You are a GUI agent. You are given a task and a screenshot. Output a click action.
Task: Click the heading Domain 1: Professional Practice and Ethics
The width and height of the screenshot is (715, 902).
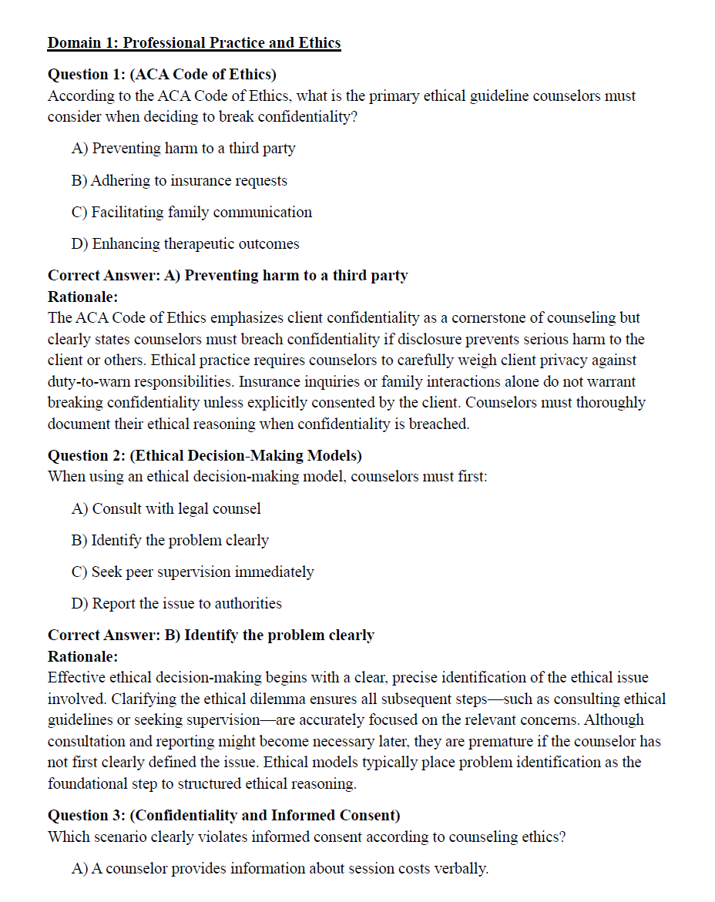tap(194, 43)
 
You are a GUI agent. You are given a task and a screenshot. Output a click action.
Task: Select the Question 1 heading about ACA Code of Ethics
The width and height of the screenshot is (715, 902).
tap(162, 75)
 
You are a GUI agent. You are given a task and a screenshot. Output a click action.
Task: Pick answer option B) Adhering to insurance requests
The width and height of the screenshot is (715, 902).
tap(180, 180)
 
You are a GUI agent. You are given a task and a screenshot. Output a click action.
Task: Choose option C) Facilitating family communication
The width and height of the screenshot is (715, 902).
tap(192, 212)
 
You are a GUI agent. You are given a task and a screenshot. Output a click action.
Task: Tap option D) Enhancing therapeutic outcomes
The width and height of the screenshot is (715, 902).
tap(185, 243)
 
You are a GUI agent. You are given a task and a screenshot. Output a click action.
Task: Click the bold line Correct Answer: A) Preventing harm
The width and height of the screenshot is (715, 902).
tap(228, 275)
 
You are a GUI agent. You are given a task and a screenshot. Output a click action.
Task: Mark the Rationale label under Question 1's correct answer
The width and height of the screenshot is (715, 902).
tap(82, 297)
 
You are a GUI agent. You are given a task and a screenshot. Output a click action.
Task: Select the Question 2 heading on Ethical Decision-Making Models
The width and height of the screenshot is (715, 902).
tap(205, 455)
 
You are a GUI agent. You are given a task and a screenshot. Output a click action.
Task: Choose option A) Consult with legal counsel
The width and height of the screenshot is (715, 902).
tap(166, 508)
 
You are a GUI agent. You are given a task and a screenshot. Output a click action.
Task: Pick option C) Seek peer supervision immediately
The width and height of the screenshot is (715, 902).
tap(193, 572)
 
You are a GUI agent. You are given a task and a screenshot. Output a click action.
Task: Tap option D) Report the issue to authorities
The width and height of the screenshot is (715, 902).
tap(177, 603)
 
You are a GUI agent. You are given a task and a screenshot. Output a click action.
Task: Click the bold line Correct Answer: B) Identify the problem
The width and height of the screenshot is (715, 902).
tap(211, 635)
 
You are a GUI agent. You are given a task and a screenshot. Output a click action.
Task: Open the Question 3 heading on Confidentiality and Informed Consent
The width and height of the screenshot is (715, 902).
tap(224, 815)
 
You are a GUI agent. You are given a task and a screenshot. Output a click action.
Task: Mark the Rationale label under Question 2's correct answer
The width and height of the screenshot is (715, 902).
tap(82, 656)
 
